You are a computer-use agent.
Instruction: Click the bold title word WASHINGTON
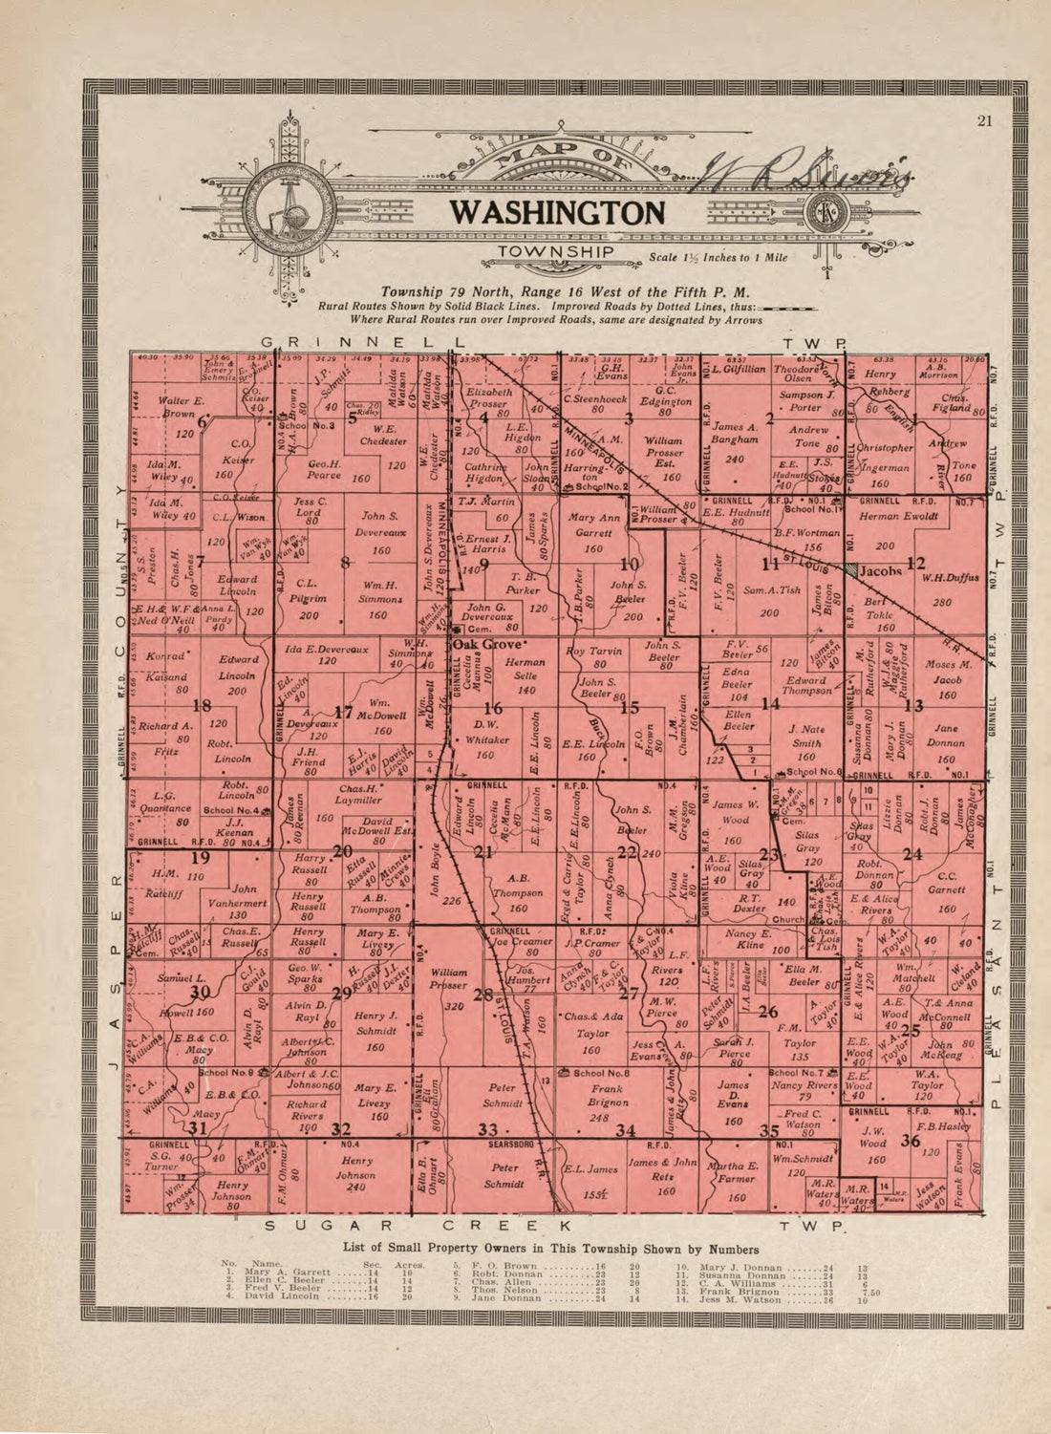click(x=556, y=212)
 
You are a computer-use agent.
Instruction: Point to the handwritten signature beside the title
click(x=807, y=174)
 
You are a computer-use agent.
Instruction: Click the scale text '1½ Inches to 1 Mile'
click(x=719, y=258)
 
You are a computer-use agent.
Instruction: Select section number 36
click(x=910, y=1141)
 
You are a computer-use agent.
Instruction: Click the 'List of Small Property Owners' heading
click(x=551, y=1249)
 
